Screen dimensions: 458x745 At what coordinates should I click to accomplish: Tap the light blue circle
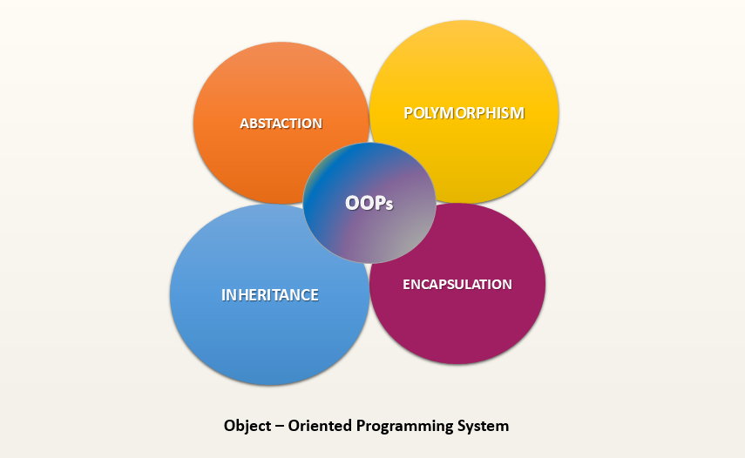253,322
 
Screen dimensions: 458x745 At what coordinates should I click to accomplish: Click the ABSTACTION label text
281,124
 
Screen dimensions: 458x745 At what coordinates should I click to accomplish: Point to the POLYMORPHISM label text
464,113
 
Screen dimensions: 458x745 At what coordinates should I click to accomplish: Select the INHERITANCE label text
269,295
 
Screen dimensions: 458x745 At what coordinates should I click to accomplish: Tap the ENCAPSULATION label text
457,285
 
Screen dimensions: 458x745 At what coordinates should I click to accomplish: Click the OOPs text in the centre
369,203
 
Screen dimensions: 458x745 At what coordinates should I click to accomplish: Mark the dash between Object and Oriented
279,426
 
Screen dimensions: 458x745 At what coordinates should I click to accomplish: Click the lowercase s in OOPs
389,205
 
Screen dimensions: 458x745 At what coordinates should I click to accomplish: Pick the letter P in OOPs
379,203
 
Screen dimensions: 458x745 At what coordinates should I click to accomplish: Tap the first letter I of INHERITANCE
224,295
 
